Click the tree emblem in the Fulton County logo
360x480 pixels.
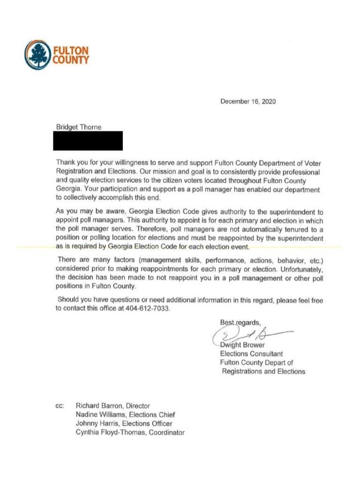click(x=37, y=55)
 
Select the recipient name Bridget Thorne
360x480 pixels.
click(x=78, y=127)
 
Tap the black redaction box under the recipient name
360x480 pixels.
click(x=89, y=141)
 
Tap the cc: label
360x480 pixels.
click(x=60, y=406)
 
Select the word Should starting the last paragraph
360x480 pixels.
click(x=68, y=300)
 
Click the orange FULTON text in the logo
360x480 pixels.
click(x=71, y=51)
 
